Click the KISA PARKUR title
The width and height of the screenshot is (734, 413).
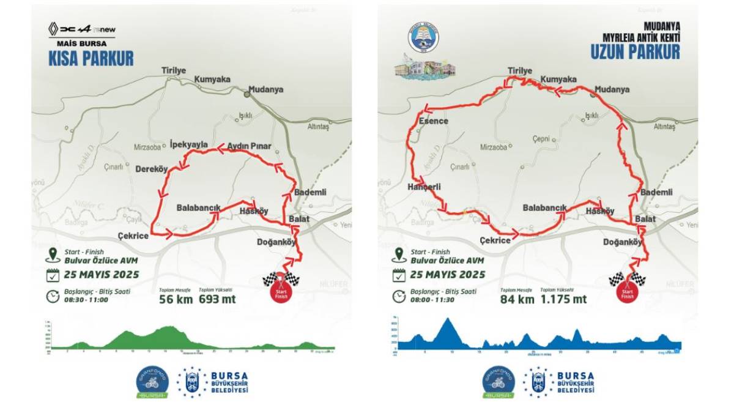[91, 58]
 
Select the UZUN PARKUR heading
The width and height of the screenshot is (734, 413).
[635, 53]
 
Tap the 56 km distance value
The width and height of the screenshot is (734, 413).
[176, 299]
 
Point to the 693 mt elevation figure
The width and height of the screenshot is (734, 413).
[217, 299]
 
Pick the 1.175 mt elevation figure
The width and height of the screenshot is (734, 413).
[563, 299]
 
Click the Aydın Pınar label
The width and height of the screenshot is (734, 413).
[249, 147]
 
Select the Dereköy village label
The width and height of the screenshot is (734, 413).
[151, 169]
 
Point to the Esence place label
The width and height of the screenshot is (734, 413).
[434, 121]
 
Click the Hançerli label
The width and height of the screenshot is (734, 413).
[424, 187]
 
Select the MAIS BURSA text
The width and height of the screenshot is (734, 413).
[81, 44]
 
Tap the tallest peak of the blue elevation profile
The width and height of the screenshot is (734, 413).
[450, 320]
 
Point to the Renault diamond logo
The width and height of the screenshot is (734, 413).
[54, 28]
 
